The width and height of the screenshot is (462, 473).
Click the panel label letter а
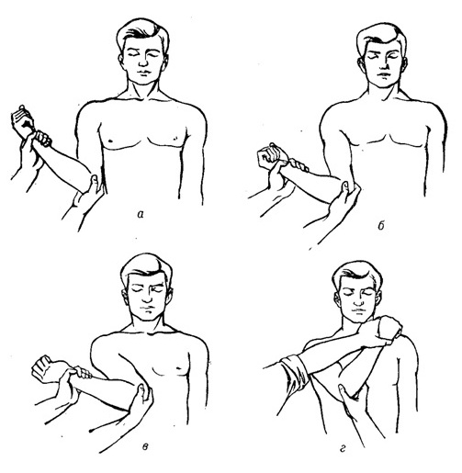point(141,215)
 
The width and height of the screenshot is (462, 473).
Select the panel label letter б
point(381,226)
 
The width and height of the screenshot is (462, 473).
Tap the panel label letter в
point(146,446)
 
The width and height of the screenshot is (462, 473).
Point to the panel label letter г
point(343,449)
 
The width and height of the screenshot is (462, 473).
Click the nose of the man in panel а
point(143,62)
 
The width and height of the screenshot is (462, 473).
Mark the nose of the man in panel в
point(147,296)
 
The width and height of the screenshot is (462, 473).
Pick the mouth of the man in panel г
point(356,310)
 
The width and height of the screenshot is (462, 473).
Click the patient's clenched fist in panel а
point(22,121)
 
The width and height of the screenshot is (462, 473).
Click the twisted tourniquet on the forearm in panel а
point(43,139)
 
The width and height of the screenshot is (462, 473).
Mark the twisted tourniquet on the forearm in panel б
point(299,164)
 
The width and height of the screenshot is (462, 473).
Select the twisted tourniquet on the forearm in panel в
point(84,372)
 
